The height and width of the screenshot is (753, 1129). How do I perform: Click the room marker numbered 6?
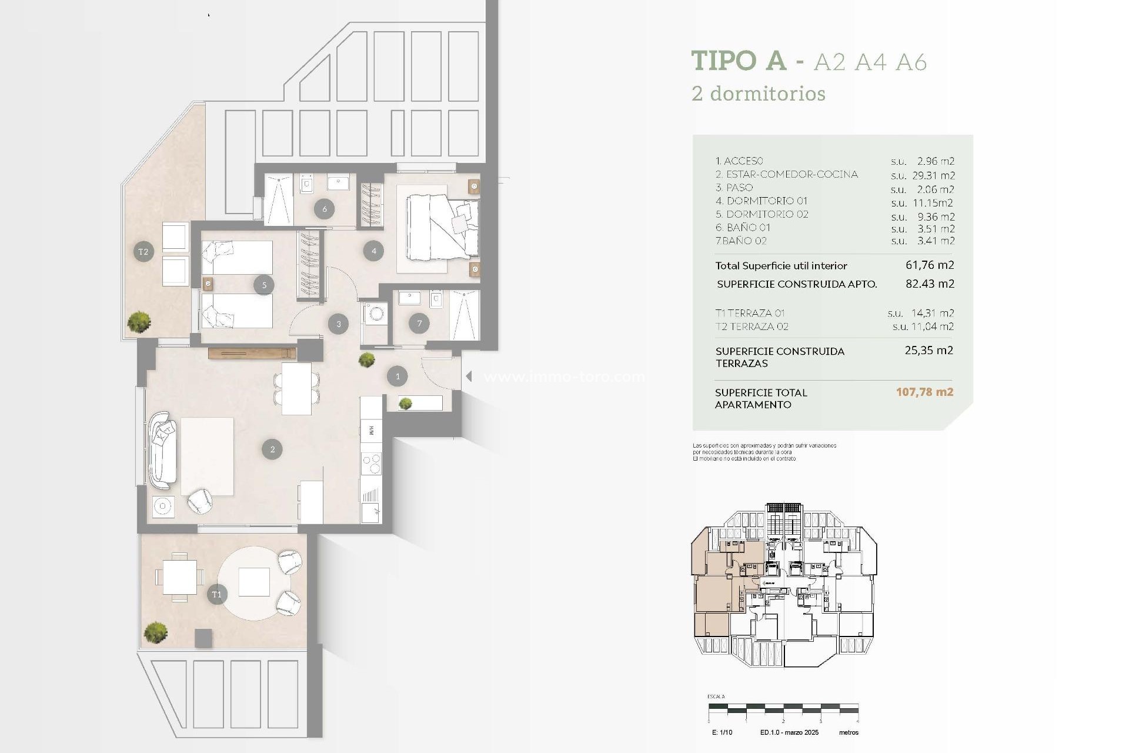point(324,208)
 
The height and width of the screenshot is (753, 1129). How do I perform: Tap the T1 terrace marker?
point(216,594)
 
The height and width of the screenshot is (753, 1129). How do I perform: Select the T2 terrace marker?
point(143,252)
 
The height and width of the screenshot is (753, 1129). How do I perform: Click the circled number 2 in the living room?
point(272,449)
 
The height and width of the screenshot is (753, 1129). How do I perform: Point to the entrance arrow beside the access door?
point(469,376)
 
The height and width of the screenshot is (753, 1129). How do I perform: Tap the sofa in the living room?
point(162,450)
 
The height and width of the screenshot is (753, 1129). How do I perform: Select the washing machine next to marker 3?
point(375,314)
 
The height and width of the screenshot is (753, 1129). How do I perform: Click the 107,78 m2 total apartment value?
point(924,392)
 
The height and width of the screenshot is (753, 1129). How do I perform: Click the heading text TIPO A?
point(739,61)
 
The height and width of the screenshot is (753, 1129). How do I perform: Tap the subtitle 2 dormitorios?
point(759,94)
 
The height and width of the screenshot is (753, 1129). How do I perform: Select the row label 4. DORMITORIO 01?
point(761,201)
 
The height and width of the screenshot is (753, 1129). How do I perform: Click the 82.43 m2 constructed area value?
point(930,284)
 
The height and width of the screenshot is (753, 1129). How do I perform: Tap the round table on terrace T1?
point(254,582)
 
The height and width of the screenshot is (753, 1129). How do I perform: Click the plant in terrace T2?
point(139,322)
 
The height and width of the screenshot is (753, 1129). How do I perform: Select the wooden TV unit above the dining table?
point(252,354)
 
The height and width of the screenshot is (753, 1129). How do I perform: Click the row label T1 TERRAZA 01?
point(750,313)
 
